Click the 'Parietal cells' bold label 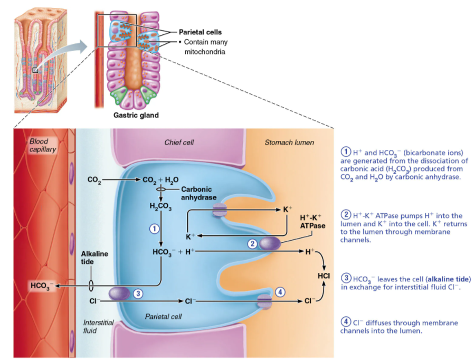click(200, 32)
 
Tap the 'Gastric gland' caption click(136, 115)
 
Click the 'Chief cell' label click(179, 143)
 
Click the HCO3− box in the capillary click(41, 286)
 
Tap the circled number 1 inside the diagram click(153, 229)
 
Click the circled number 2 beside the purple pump click(252, 243)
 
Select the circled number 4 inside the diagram click(280, 292)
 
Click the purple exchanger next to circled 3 click(119, 293)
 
